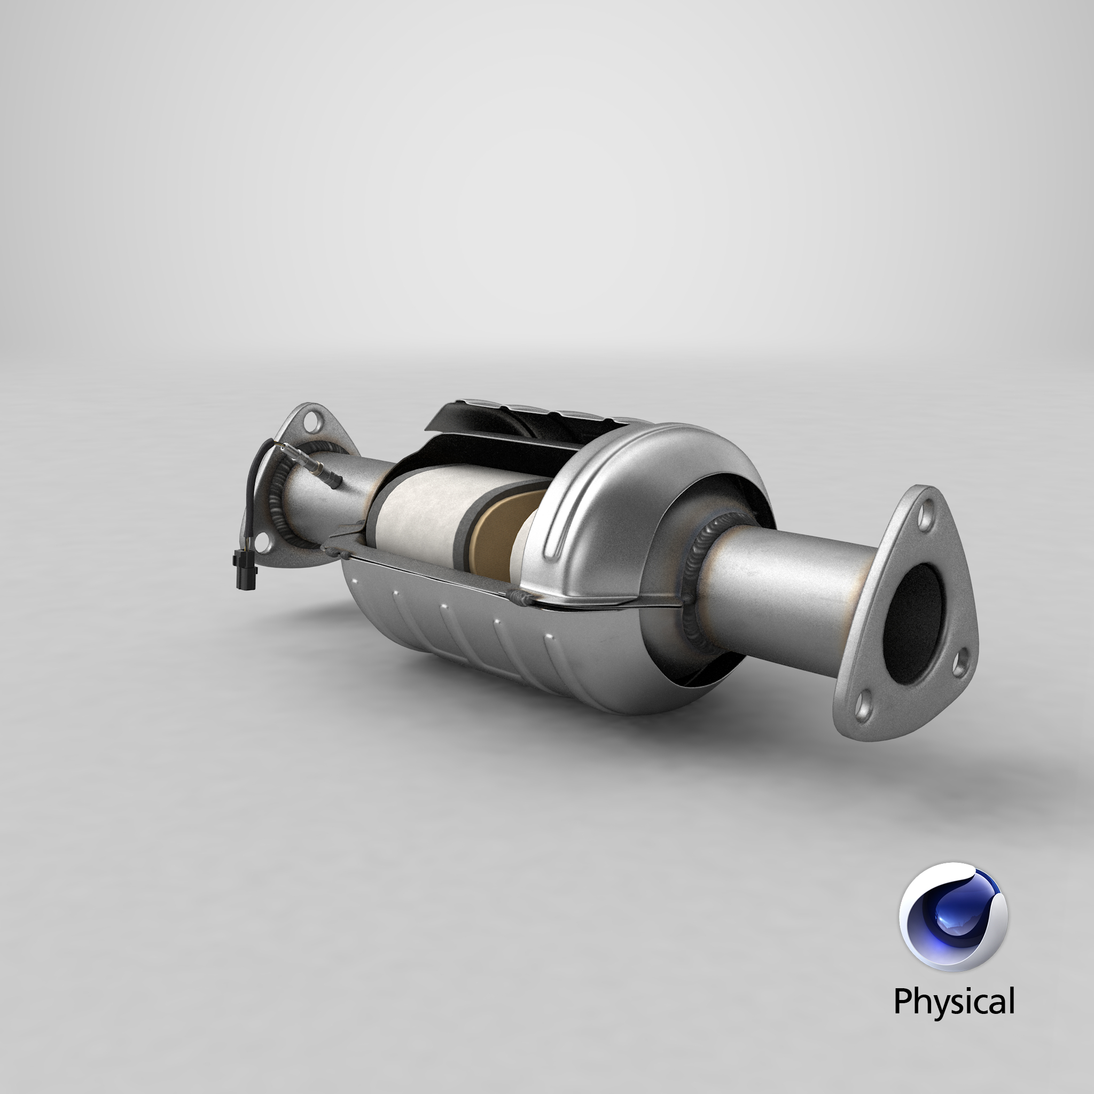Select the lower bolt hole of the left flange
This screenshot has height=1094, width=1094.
click(x=262, y=545)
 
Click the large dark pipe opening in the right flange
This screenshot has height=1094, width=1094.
click(x=913, y=623)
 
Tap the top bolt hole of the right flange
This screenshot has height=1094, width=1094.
click(x=925, y=517)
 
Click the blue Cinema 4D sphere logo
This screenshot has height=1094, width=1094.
click(x=954, y=917)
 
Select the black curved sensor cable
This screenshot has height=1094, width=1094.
click(x=254, y=487)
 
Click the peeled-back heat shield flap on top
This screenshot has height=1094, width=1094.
click(x=481, y=419)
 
